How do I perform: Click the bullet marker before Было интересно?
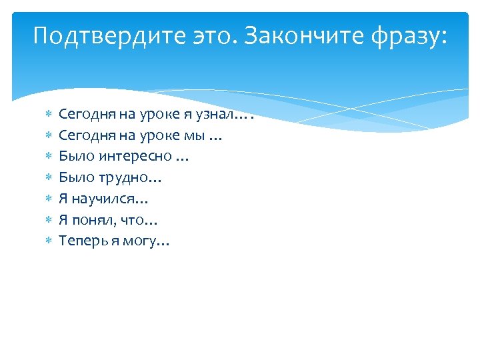coord(47,157)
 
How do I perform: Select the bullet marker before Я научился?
coord(47,199)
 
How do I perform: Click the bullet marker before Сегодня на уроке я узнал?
coord(47,115)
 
